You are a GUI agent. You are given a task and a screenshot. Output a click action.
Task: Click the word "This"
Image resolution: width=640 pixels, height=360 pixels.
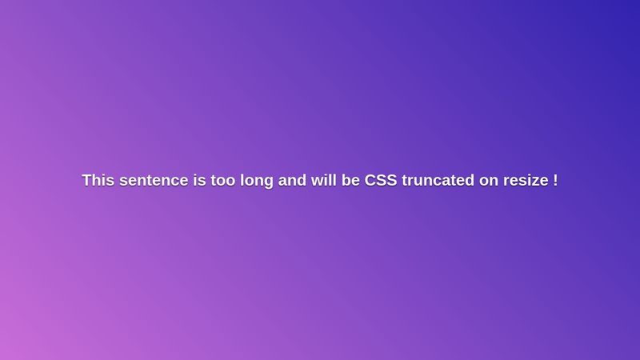pos(98,181)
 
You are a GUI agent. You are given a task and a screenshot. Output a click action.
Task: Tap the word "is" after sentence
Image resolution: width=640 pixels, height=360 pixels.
pos(198,181)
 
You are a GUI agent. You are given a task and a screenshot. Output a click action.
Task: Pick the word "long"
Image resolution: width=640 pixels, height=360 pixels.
pos(257,181)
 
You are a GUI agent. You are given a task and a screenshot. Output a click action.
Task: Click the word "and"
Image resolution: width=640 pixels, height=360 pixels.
pos(292,181)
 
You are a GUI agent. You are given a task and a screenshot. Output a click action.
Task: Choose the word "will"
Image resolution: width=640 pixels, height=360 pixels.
pos(324,181)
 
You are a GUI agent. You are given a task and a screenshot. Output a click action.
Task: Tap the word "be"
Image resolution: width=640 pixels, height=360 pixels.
pos(351,181)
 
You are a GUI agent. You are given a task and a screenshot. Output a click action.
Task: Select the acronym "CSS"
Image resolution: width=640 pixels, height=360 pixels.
pos(381,181)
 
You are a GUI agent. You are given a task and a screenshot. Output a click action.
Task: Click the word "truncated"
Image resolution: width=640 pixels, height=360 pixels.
pos(438,181)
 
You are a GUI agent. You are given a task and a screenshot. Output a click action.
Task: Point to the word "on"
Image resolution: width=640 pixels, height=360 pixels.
pos(488,181)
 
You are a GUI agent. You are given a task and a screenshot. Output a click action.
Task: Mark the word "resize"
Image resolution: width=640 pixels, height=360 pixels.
pos(525,181)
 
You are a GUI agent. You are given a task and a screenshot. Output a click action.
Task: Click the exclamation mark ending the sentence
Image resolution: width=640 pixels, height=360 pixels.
pos(555,181)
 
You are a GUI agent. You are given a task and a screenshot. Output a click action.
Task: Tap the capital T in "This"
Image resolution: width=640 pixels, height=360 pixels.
pos(87,181)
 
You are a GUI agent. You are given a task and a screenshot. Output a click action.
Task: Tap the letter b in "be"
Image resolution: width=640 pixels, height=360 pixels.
pos(347,181)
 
